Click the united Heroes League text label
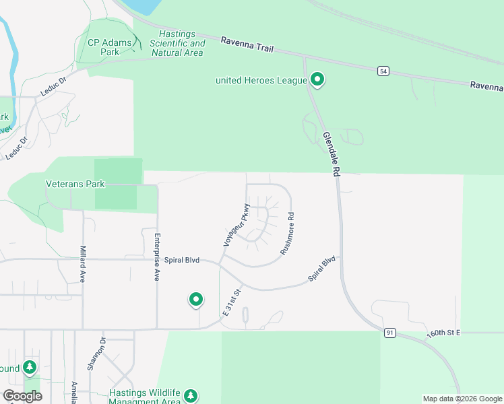tap(261, 81)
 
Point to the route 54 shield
tap(383, 71)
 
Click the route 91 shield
tap(389, 333)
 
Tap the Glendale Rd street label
tap(330, 154)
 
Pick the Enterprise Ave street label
tap(157, 257)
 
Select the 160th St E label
tap(443, 334)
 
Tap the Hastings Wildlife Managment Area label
tap(145, 397)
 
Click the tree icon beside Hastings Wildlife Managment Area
tap(192, 396)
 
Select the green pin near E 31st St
tap(196, 299)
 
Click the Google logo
tap(22, 396)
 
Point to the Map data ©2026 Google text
tap(463, 399)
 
